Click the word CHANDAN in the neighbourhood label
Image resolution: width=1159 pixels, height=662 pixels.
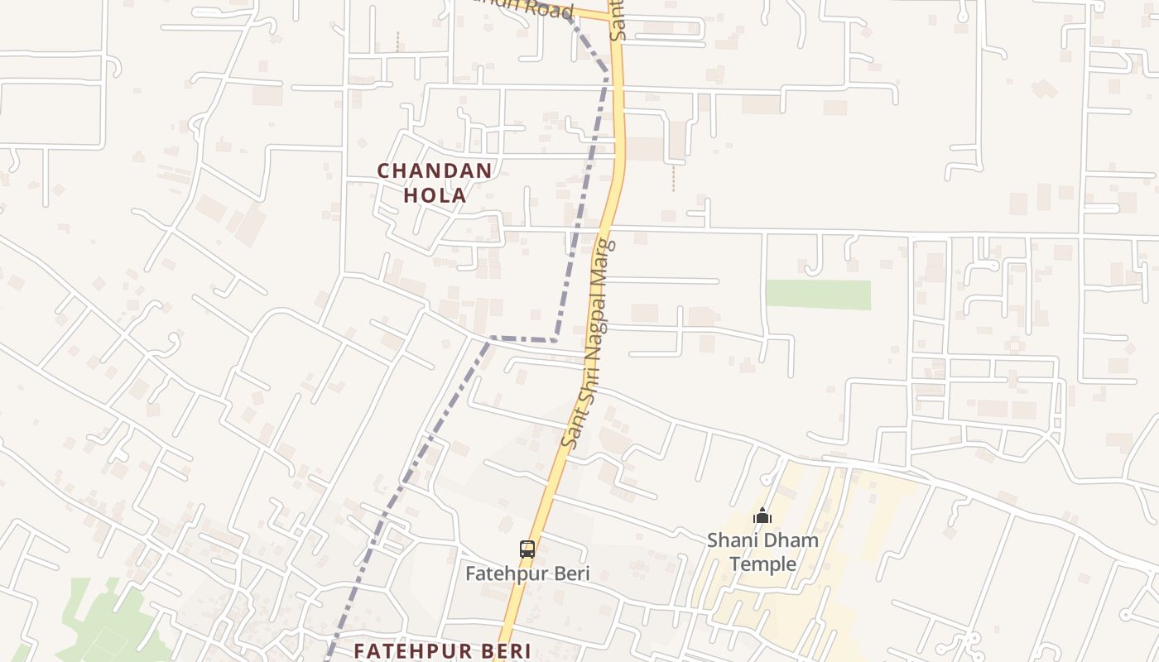click(435, 171)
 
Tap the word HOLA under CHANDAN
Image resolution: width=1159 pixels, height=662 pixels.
click(435, 196)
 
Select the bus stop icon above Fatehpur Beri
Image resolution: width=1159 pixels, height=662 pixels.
click(527, 549)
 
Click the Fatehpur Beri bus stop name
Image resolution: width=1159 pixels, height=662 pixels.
click(527, 573)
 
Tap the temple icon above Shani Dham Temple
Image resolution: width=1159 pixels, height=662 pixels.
click(762, 516)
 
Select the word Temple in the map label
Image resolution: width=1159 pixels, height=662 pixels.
click(762, 564)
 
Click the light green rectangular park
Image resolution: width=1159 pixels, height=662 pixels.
click(818, 295)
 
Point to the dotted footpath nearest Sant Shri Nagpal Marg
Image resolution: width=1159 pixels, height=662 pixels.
click(673, 178)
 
